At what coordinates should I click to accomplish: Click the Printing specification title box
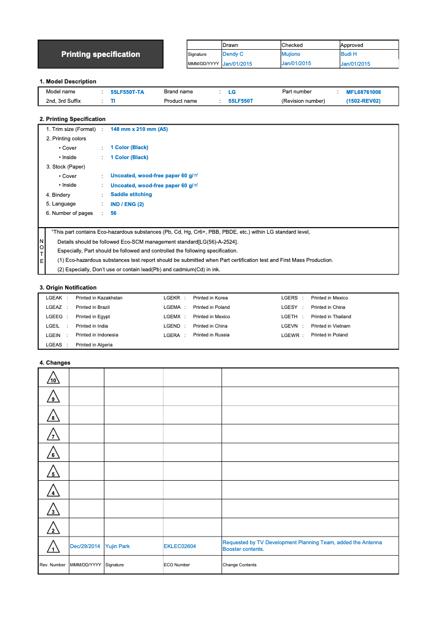[x=101, y=54]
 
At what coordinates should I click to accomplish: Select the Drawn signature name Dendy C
[x=233, y=54]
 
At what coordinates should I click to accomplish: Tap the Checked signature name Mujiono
[x=291, y=54]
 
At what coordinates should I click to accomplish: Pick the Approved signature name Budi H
[x=349, y=54]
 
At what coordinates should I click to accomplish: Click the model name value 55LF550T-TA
[x=127, y=92]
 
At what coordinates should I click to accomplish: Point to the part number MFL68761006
[x=363, y=92]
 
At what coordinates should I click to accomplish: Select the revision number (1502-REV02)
[x=363, y=101]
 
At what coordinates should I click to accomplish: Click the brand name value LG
[x=232, y=92]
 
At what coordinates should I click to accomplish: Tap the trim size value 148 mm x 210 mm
[x=139, y=129]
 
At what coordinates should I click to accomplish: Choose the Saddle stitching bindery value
[x=131, y=194]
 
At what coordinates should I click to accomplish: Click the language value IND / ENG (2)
[x=127, y=204]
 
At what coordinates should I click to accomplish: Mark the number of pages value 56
[x=113, y=213]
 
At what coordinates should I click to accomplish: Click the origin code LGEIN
[x=54, y=335]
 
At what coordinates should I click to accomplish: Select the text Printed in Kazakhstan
[x=99, y=298]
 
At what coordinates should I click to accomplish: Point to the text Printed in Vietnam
[x=330, y=326]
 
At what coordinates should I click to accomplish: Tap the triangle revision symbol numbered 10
[x=54, y=378]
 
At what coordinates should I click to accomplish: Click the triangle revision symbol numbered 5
[x=53, y=472]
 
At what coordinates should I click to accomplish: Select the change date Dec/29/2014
[x=85, y=546]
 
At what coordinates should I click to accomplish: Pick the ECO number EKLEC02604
[x=180, y=546]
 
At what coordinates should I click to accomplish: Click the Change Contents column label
[x=239, y=565]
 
